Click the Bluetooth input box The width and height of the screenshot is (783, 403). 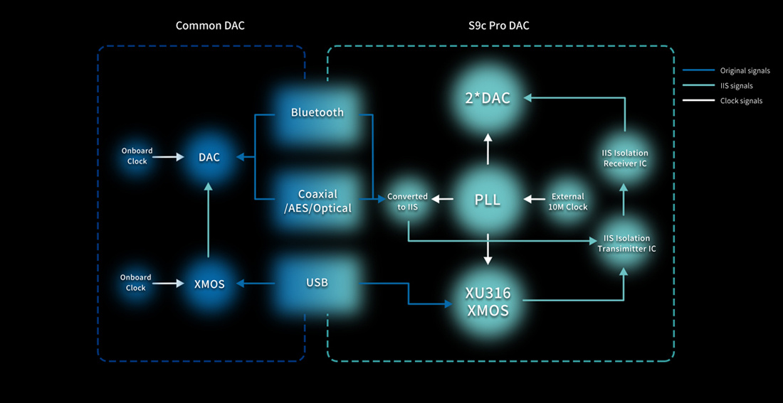[x=317, y=112]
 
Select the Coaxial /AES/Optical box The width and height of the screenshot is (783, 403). [x=317, y=200]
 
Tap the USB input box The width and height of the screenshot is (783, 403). [x=317, y=283]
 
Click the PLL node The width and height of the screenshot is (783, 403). [x=488, y=200]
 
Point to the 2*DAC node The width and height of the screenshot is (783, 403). [x=488, y=98]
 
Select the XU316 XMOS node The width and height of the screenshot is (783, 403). [x=488, y=301]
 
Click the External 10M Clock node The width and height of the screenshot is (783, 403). [x=568, y=201]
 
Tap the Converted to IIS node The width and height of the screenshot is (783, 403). [x=407, y=201]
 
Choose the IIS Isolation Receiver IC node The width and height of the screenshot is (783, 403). [x=625, y=158]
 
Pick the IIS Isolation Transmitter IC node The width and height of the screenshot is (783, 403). [x=625, y=243]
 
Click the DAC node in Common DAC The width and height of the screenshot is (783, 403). [x=209, y=157]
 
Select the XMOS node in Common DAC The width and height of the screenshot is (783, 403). [x=209, y=284]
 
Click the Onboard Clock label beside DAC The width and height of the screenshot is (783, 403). [x=137, y=156]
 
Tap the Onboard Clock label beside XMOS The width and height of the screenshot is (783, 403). [x=135, y=283]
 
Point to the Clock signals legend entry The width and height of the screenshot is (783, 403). [x=741, y=101]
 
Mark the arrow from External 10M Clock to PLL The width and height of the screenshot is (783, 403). [x=535, y=199]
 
